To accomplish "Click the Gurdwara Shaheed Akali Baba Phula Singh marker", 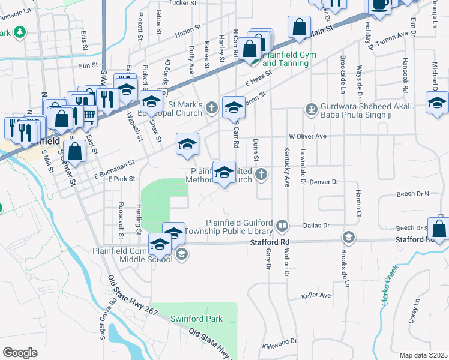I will tap(311, 109).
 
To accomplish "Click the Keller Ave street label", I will tap(316, 296).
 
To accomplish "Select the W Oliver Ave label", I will tap(307, 137).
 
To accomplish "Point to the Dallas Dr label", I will tap(317, 225).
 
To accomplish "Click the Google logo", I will tap(20, 353).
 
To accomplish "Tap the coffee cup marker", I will tap(379, 4).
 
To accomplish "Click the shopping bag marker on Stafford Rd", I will tap(439, 229).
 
